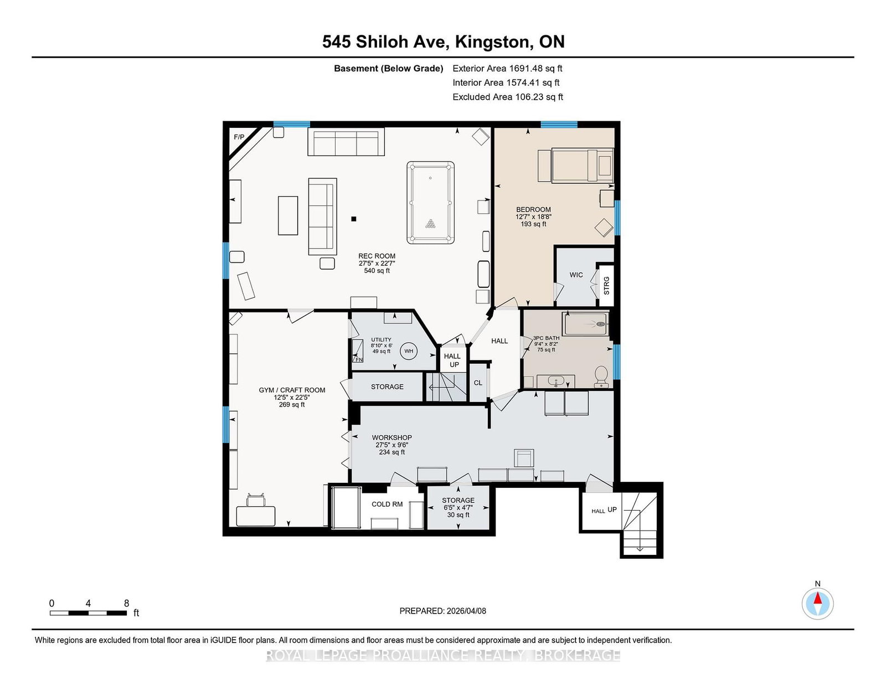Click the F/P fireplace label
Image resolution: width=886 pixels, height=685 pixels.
tap(239, 137)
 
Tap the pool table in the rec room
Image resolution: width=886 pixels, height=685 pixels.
tap(430, 203)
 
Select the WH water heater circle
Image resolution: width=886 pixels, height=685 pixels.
tap(409, 351)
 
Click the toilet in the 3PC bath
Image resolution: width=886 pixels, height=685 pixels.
tap(601, 377)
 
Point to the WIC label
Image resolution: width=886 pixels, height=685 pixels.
tap(576, 275)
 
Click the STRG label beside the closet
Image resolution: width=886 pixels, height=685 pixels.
tap(606, 285)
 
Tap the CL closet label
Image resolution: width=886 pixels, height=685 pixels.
tap(478, 383)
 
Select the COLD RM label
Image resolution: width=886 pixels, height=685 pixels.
tap(387, 504)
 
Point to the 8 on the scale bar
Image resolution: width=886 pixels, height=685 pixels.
tap(126, 603)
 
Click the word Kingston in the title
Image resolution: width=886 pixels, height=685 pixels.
tap(492, 42)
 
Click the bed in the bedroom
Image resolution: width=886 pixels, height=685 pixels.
tap(582, 164)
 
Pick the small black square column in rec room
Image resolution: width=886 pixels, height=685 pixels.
tap(354, 219)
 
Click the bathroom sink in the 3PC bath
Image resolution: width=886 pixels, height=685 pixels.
tap(555, 381)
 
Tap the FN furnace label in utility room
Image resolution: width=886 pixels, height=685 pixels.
tap(359, 359)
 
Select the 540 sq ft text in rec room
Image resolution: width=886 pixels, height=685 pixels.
tap(377, 271)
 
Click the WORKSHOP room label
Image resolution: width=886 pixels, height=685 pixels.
tap(392, 437)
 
